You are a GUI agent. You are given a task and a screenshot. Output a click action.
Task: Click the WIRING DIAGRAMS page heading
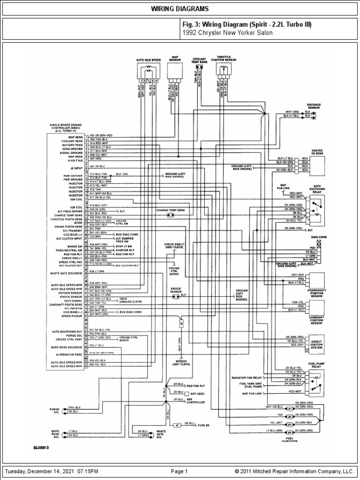point(180,9)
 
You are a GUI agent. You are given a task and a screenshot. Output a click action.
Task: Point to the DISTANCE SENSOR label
point(313,106)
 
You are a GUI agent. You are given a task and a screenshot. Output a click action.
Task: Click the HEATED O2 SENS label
point(317,151)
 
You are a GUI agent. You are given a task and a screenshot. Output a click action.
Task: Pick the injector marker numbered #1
point(290,408)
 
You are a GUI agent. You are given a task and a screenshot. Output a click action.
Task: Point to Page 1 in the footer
point(180,471)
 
